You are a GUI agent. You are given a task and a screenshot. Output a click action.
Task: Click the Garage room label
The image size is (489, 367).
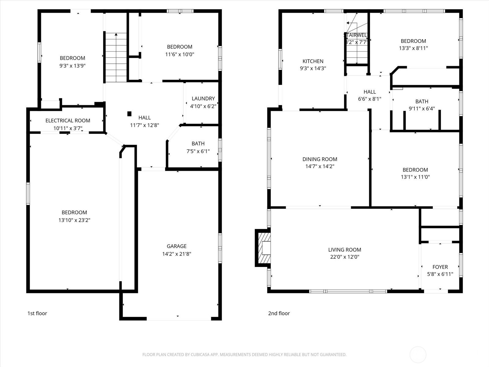click(x=177, y=246)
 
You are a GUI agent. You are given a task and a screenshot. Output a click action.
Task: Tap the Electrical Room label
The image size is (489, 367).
click(x=68, y=120)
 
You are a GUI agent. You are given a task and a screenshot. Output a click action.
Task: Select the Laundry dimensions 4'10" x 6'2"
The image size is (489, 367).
click(x=203, y=106)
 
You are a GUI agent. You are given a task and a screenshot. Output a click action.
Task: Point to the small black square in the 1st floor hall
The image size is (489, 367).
click(x=129, y=114)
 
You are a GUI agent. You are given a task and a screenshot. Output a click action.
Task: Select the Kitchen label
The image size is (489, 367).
click(x=313, y=61)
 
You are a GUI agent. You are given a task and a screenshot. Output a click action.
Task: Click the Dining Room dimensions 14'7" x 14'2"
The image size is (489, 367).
click(x=320, y=166)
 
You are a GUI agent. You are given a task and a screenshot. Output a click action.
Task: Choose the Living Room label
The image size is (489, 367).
click(x=344, y=250)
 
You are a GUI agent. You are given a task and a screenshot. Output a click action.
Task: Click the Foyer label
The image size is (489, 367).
click(x=440, y=267)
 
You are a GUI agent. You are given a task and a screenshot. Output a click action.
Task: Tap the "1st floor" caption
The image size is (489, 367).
click(x=37, y=313)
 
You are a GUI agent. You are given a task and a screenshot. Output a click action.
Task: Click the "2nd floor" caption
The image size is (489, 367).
click(x=279, y=313)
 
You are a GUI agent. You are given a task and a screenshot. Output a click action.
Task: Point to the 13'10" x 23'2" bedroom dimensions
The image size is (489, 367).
click(x=74, y=220)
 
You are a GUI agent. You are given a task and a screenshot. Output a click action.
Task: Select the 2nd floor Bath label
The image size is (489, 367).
click(x=421, y=101)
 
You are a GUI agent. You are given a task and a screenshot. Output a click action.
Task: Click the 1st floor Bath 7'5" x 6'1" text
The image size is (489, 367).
click(x=198, y=151)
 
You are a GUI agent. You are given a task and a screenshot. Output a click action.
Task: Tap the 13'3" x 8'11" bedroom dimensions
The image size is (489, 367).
click(x=413, y=48)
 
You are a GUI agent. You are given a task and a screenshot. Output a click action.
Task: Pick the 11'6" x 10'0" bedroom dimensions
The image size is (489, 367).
click(x=179, y=54)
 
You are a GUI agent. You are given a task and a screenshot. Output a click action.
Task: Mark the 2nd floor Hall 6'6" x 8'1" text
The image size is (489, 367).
click(x=370, y=99)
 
